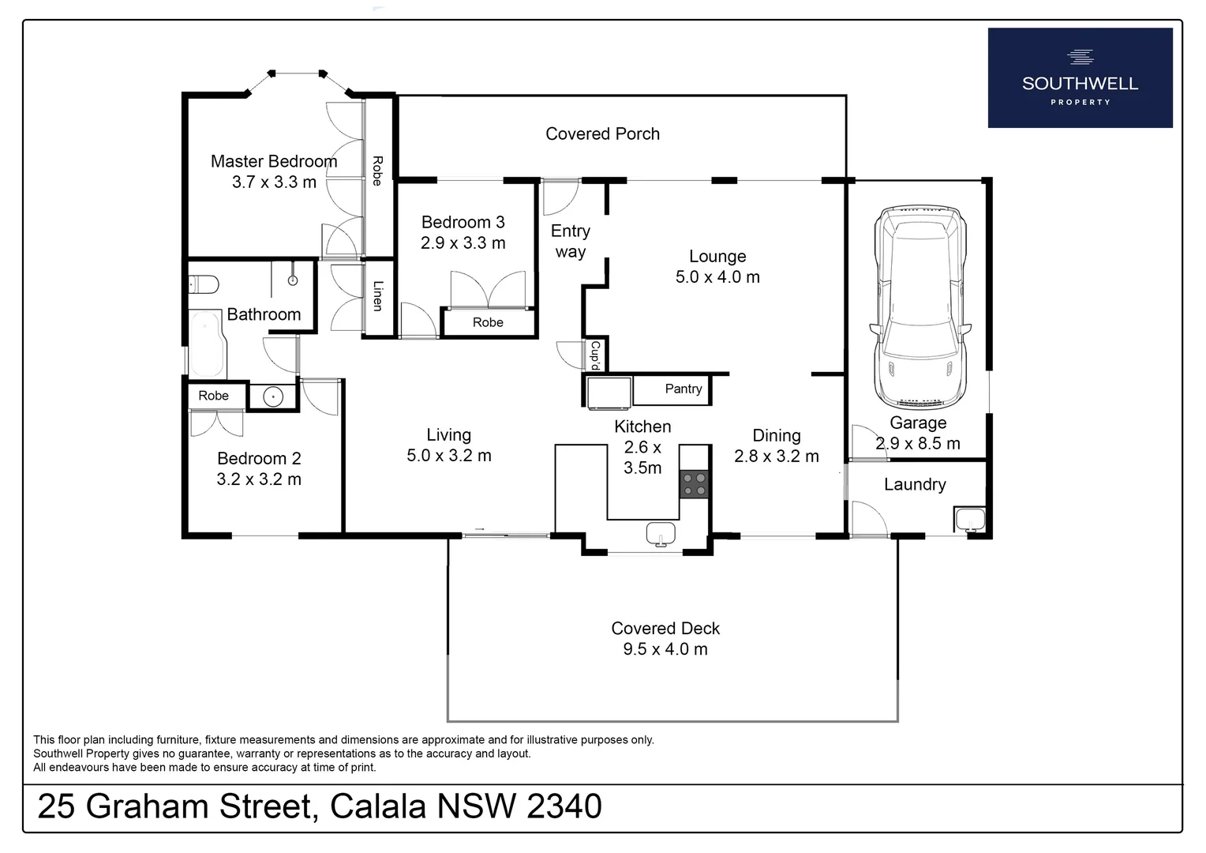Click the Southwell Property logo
coord(1080,77)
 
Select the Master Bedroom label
coord(274,161)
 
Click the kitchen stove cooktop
coord(695,484)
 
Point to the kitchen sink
coord(661,534)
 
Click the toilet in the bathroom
coord(204,284)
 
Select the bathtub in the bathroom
coord(207,344)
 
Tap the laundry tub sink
coord(969,520)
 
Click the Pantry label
coord(683,389)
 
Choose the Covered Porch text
coord(602,133)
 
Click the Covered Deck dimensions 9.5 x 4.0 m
coord(665,649)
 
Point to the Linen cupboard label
coord(378,296)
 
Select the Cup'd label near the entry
coord(596,355)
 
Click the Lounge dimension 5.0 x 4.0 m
coord(717,277)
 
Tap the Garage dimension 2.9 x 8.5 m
coord(918,444)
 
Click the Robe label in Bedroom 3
coord(488,322)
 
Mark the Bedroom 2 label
coord(259,458)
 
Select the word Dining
coord(776,435)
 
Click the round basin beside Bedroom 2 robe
coord(272,396)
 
